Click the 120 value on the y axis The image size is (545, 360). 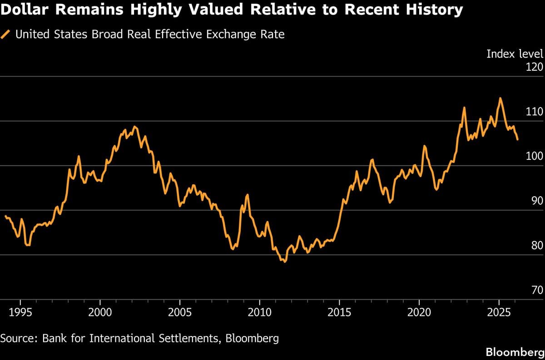(x=535, y=67)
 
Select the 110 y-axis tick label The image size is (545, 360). (x=535, y=112)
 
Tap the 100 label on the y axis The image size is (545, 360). (x=535, y=156)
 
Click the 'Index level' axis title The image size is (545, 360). (x=515, y=54)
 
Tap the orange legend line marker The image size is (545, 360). (x=6, y=35)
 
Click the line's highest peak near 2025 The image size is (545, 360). (x=500, y=98)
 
